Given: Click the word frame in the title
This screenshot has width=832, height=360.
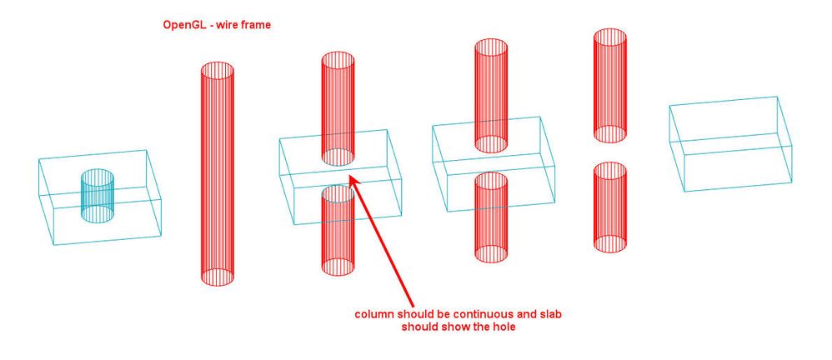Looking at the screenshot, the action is pos(256,24).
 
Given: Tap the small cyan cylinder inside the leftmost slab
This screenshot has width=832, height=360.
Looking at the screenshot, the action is pos(97,196).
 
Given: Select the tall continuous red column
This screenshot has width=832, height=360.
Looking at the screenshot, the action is pos(217,173).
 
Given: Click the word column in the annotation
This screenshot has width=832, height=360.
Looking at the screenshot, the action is pos(374,314).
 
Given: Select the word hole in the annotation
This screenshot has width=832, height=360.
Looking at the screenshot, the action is pos(504,327).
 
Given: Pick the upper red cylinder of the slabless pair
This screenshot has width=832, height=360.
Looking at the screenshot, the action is pos(610,85).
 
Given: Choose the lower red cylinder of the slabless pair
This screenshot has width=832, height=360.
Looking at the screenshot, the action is pos(610,207).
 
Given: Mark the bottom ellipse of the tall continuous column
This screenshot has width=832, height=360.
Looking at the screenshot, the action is pos(217,277).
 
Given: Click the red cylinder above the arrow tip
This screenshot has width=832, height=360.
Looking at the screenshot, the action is pos(338,108).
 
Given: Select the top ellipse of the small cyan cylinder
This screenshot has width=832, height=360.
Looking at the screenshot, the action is pos(97,177).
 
